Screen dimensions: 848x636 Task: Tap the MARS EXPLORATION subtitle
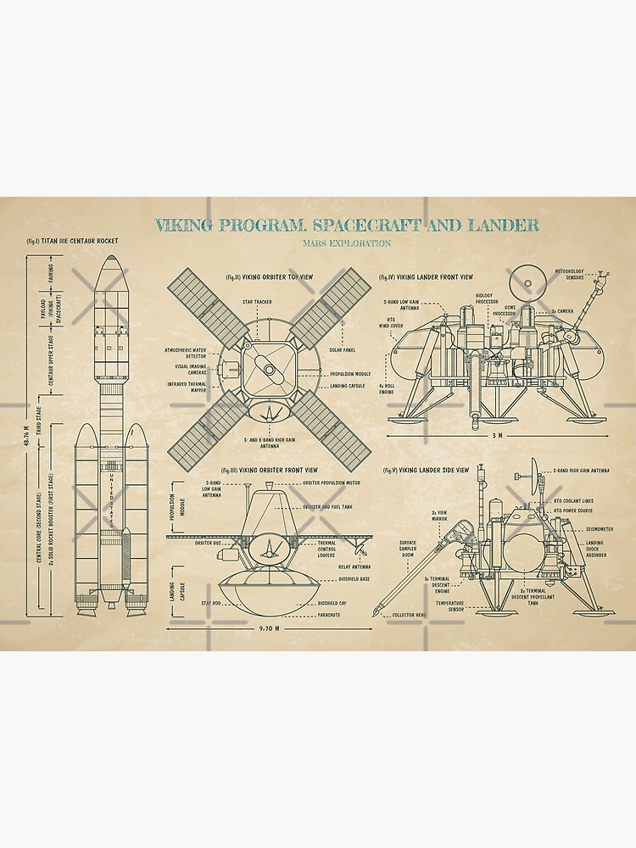[346, 243]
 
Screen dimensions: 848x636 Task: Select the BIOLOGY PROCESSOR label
[486, 298]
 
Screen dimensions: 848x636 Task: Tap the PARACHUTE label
[331, 614]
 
